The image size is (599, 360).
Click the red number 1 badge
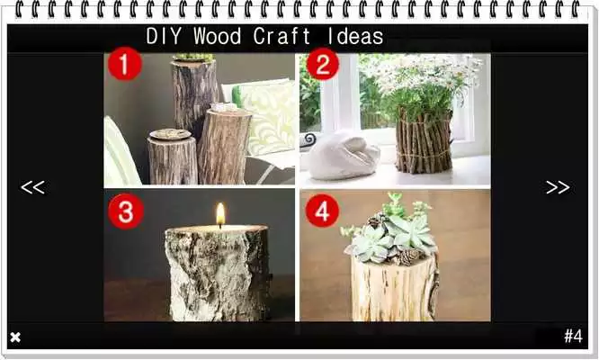click(x=125, y=65)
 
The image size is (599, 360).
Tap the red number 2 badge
click(x=322, y=65)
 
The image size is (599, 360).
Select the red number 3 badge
click(x=125, y=211)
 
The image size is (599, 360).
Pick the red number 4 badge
click(x=322, y=211)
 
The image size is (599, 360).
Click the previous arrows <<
click(x=32, y=187)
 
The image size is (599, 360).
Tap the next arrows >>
click(x=558, y=187)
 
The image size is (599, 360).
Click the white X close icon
click(x=15, y=337)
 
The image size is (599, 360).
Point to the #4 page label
click(x=573, y=337)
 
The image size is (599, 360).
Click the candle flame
click(x=219, y=213)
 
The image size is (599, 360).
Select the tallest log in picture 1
click(x=194, y=94)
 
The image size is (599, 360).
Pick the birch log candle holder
click(x=217, y=273)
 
